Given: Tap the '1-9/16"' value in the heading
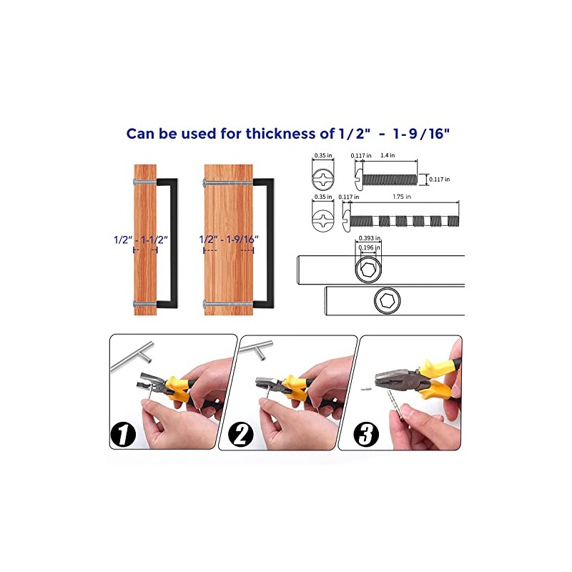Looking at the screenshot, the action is point(421,134).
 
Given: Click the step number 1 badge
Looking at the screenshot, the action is point(123,434).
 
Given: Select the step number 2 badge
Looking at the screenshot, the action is point(240,434).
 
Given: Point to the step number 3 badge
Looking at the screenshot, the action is point(366,434).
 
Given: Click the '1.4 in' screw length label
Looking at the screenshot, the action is point(388,155).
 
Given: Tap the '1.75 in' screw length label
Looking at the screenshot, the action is point(402,197).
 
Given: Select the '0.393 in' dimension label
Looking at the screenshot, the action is point(370,238).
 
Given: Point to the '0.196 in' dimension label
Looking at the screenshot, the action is point(369,247).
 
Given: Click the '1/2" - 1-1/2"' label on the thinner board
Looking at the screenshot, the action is point(141,240).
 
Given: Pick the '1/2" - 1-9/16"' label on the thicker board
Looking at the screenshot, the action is point(229,240).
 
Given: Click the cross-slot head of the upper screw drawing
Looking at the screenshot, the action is point(323,179).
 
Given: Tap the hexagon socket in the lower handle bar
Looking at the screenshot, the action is point(387,300).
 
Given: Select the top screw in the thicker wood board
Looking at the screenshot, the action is point(228,182).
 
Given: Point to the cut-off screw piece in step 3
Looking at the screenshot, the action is point(366,389).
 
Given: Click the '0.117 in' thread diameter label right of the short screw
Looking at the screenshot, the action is point(439,179).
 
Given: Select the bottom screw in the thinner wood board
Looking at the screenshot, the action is point(145,303).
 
